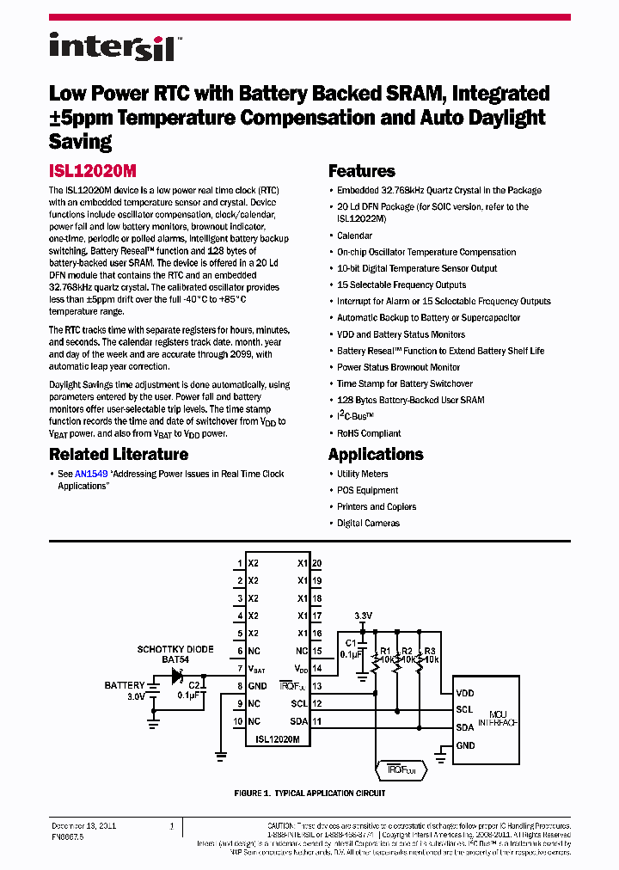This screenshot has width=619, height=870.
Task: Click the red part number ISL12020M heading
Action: (x=99, y=171)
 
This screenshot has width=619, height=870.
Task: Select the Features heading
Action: (x=362, y=171)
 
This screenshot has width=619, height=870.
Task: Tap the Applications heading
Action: (x=376, y=454)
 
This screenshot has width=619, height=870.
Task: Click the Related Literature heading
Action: (x=119, y=454)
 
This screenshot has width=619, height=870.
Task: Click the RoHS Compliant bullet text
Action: (x=369, y=433)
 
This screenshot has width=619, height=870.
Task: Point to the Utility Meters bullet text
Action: (x=362, y=474)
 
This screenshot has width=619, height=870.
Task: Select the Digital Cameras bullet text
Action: (x=368, y=523)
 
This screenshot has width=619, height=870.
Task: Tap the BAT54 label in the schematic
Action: (x=175, y=659)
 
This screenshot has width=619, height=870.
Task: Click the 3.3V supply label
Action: (x=364, y=616)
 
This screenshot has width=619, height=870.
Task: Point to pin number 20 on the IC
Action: (x=316, y=564)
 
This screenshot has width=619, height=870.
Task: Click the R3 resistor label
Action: (x=430, y=651)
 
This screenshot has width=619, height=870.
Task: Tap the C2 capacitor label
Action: (x=194, y=685)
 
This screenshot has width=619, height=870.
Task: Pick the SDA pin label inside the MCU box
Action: (x=464, y=727)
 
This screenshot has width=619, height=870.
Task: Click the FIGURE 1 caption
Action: (x=309, y=793)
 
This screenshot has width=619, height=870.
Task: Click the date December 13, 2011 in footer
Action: (x=83, y=826)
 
